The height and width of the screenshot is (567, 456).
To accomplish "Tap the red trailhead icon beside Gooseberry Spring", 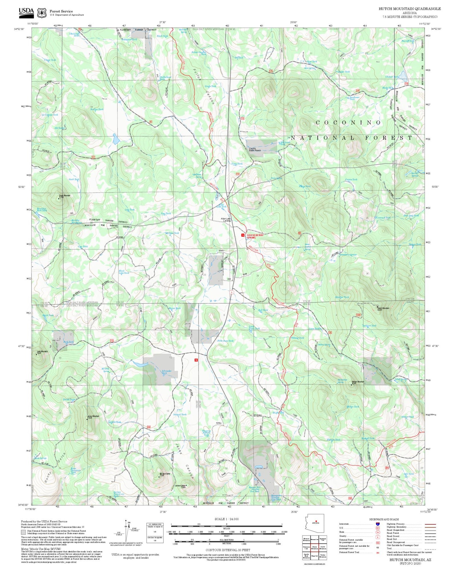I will [243, 235].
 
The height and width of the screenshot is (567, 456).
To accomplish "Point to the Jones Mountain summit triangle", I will [87, 419].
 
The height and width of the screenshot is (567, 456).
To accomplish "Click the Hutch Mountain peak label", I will [383, 309].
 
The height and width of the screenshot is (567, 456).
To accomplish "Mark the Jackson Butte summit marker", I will [186, 485].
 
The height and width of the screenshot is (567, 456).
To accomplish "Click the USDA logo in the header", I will [26, 12].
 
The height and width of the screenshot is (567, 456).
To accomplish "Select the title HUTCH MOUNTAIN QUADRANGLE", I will [410, 9].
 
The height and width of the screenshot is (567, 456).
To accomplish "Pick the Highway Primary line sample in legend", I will [430, 524].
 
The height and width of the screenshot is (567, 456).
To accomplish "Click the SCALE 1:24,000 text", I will [226, 519].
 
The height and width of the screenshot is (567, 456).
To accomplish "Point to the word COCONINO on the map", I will [349, 122].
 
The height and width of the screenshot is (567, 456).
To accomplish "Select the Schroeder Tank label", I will [167, 372].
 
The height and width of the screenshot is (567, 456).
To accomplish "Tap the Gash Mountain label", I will [65, 196].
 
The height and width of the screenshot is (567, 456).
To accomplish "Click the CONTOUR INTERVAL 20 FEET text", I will [226, 550].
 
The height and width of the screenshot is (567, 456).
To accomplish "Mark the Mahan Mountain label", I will [358, 382].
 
